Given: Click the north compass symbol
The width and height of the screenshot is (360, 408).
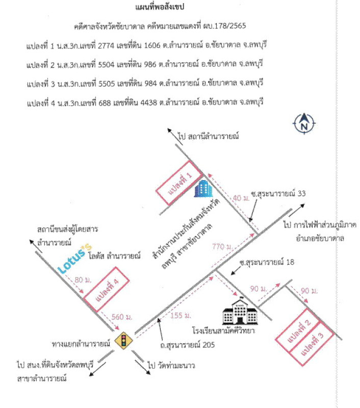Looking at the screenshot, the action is (304, 123).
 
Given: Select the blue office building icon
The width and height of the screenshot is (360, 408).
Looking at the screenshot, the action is (203, 188).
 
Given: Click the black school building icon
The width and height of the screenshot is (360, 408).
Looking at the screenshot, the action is (240, 311).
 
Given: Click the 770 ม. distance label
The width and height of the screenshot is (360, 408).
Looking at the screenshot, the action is (222, 246).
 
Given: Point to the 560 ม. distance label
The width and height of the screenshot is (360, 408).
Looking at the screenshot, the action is (122, 317).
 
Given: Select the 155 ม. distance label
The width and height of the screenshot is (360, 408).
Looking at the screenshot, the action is (181, 315).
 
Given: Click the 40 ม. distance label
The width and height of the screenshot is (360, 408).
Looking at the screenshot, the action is (241, 198).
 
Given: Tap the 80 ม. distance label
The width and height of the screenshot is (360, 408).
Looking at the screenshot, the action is (83, 279).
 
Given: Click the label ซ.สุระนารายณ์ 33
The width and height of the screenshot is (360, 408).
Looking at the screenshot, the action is (278, 194).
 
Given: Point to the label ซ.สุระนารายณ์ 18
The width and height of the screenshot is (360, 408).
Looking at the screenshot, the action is (267, 262).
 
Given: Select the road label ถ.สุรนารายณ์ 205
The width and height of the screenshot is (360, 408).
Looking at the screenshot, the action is (187, 345).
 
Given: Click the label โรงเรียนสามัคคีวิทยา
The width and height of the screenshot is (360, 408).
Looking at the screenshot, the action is (223, 330).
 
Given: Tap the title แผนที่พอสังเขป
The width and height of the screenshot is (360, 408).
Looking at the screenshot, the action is (160, 7).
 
